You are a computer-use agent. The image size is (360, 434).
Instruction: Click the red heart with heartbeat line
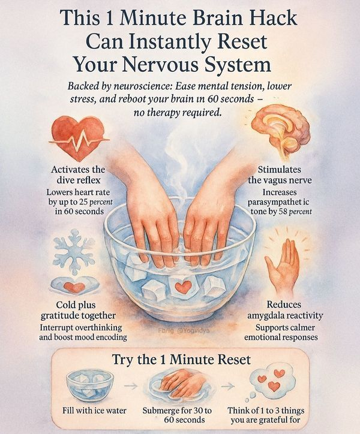pyautogui.click(x=77, y=138)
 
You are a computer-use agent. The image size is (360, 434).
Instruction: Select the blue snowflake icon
pyautogui.click(x=74, y=252)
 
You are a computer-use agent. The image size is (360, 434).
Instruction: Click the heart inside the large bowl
pyautogui.click(x=183, y=286)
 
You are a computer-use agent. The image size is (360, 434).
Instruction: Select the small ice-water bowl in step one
pyautogui.click(x=90, y=384)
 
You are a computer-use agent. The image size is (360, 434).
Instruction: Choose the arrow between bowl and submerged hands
pyautogui.click(x=130, y=385)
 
